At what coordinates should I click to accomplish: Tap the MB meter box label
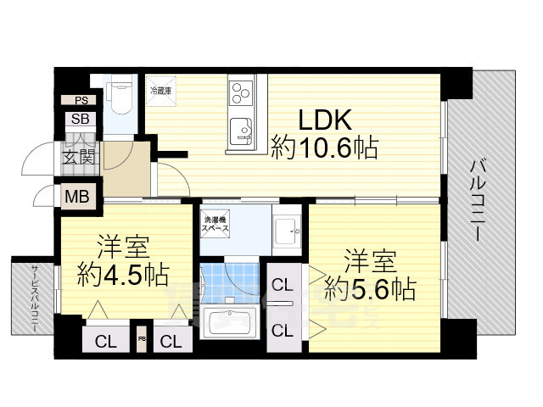coord(78,198)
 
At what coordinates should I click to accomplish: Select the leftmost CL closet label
coord(106,343)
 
